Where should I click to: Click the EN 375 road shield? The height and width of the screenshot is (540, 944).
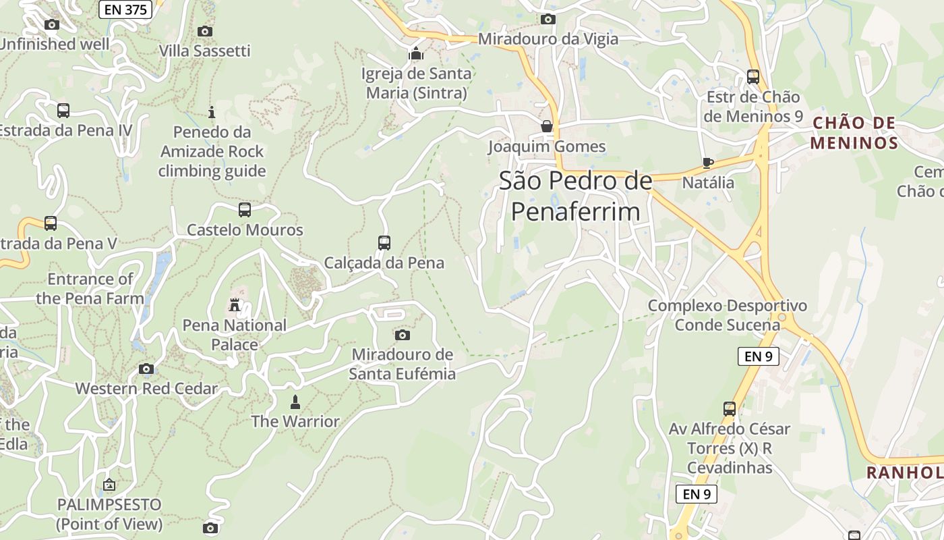pyautogui.click(x=125, y=9)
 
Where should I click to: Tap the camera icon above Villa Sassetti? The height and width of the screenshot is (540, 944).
pyautogui.click(x=205, y=31)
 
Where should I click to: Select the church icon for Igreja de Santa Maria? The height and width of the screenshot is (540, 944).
pyautogui.click(x=415, y=53)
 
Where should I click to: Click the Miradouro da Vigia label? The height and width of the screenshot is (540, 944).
pyautogui.click(x=548, y=39)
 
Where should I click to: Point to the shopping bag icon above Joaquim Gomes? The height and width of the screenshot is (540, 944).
pyautogui.click(x=547, y=126)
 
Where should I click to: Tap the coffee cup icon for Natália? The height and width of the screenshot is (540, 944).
pyautogui.click(x=708, y=163)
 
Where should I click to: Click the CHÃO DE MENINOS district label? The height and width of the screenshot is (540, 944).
pyautogui.click(x=854, y=133)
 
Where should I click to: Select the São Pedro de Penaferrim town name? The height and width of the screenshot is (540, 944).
pyautogui.click(x=575, y=196)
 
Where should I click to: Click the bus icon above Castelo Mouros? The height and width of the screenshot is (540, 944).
pyautogui.click(x=245, y=209)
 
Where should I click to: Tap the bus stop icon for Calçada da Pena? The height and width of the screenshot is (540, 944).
pyautogui.click(x=384, y=242)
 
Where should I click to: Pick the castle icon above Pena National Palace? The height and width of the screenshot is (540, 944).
pyautogui.click(x=235, y=305)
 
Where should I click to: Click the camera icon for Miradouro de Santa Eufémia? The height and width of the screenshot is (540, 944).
pyautogui.click(x=403, y=335)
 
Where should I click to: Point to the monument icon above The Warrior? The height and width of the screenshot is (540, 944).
pyautogui.click(x=295, y=402)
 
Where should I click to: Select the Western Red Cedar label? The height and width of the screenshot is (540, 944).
pyautogui.click(x=146, y=388)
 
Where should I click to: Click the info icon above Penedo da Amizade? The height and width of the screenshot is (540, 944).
pyautogui.click(x=212, y=112)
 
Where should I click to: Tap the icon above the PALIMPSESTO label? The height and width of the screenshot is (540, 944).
pyautogui.click(x=109, y=485)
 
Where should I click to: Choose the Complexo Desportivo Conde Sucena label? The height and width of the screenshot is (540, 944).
pyautogui.click(x=727, y=315)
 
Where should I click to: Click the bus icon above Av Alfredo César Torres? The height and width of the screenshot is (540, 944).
pyautogui.click(x=730, y=408)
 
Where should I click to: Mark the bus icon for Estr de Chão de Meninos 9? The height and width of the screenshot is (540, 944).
pyautogui.click(x=753, y=77)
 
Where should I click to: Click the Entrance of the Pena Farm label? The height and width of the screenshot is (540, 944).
pyautogui.click(x=90, y=288)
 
